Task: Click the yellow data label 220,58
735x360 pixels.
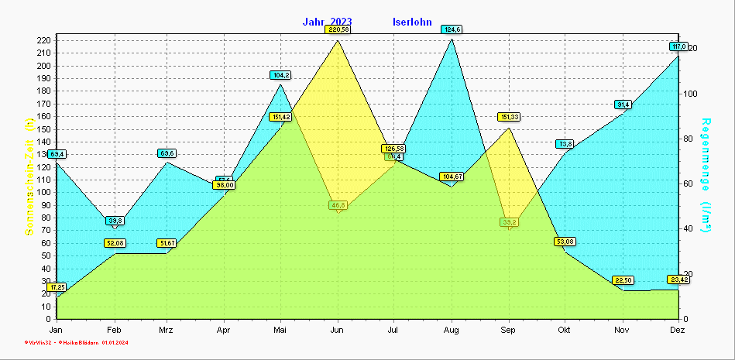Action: (338, 29)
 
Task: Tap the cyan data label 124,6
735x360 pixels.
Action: (452, 29)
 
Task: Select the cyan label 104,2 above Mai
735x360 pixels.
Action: (280, 75)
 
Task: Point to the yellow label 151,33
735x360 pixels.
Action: (508, 117)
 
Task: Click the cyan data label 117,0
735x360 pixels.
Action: (678, 46)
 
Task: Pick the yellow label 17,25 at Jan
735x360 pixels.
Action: (57, 287)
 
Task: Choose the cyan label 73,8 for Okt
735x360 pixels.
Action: (565, 144)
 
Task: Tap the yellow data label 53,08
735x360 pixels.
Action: (565, 242)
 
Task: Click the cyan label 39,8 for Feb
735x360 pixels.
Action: (115, 221)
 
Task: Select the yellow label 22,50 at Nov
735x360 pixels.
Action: (623, 280)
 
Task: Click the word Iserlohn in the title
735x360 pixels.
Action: (413, 22)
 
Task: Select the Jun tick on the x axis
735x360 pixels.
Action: (338, 331)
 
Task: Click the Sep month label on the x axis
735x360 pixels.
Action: (508, 331)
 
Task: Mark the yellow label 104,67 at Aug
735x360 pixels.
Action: (452, 177)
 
